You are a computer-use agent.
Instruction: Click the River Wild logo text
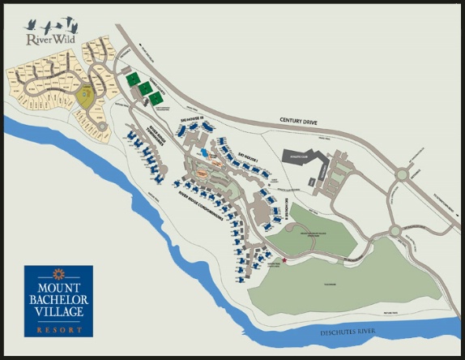coord(45,37)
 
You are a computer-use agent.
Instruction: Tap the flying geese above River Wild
coord(48,24)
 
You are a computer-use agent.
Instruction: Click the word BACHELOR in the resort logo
coord(58,300)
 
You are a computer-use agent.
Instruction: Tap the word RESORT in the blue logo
coord(58,329)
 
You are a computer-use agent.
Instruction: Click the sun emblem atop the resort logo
coord(58,273)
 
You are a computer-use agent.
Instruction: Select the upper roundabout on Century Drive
coord(402,174)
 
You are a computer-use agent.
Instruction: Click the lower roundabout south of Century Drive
coord(395,230)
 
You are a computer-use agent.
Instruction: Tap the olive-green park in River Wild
coord(85,99)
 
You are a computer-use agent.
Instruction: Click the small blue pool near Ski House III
coord(202,152)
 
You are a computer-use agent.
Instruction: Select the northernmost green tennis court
coord(132,79)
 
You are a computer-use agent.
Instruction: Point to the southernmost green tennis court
coord(154,98)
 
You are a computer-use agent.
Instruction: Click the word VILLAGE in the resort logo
coord(58,314)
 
